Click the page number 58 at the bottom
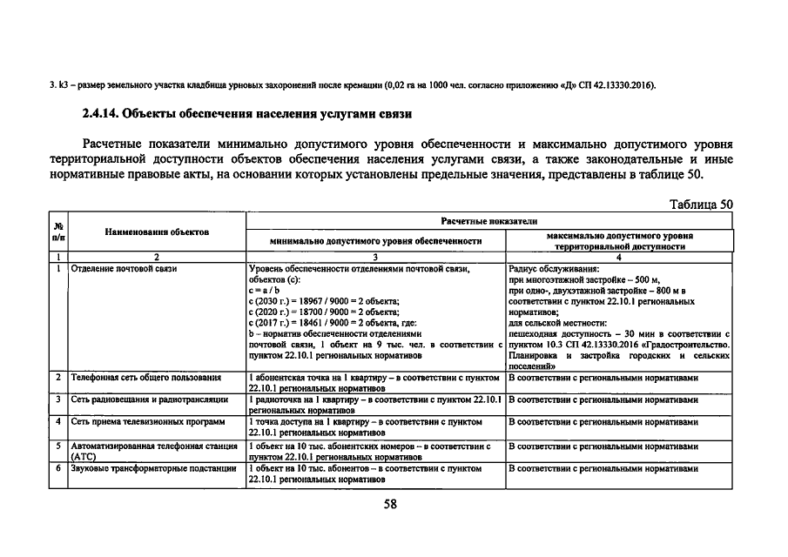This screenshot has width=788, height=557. (390, 504)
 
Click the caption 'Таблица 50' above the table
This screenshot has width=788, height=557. (701, 205)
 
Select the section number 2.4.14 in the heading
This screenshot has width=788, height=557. (102, 113)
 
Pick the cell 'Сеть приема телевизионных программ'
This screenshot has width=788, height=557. (147, 422)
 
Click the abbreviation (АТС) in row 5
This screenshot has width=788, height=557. (84, 455)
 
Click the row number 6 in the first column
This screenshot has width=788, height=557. (57, 467)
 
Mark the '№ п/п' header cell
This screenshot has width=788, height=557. (57, 232)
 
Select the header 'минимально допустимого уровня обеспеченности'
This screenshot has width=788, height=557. (375, 240)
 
